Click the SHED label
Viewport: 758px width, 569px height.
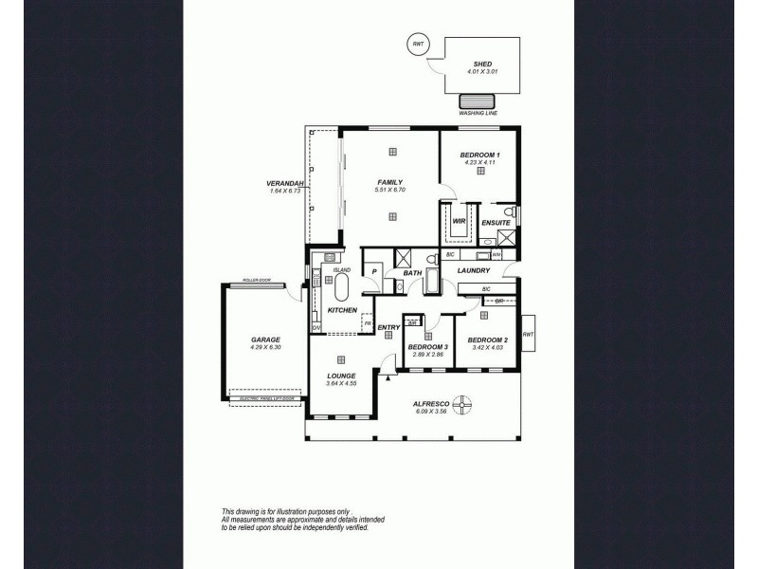point(481,64)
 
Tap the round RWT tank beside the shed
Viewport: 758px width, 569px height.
point(417,43)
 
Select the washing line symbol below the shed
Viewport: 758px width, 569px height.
point(477,102)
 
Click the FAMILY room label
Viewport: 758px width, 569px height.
point(390,182)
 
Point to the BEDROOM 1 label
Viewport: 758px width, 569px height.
point(480,155)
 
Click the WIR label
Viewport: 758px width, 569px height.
point(459,221)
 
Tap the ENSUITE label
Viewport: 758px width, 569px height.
point(496,223)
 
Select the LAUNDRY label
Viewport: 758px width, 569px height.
point(473,270)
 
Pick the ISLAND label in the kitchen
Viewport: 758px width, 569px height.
point(342,269)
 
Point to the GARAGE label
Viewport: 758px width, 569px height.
point(265,339)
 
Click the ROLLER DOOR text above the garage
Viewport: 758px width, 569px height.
point(256,281)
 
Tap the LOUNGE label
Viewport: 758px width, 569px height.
point(341,376)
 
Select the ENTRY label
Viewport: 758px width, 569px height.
point(388,328)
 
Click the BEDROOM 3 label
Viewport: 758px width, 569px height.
point(427,346)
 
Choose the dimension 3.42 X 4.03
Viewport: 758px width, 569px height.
point(487,347)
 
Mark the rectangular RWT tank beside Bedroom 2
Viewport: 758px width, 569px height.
point(529,334)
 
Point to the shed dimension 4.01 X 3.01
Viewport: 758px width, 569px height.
point(481,72)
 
